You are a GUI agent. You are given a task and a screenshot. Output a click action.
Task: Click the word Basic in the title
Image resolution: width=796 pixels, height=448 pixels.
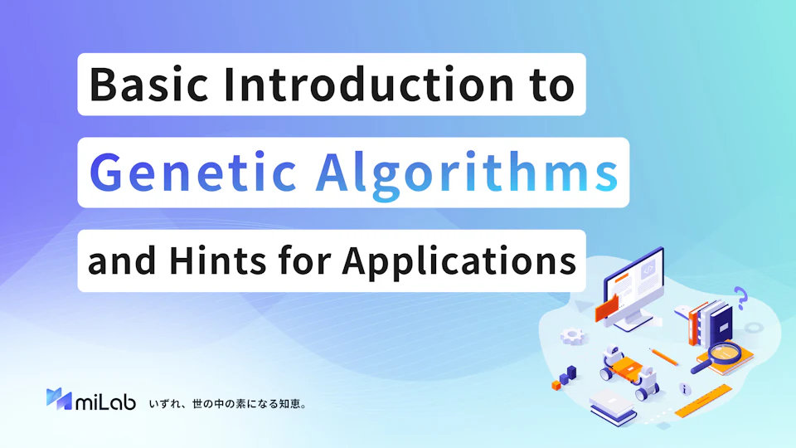tap(148, 85)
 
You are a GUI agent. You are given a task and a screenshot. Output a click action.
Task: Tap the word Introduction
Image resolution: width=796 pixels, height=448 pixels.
tap(369, 85)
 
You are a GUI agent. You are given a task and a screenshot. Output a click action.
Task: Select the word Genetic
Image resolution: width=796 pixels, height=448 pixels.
tap(193, 173)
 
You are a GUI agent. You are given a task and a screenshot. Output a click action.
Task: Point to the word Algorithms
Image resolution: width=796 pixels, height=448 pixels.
tap(467, 174)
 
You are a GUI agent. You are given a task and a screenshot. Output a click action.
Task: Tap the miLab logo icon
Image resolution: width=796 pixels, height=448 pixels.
tap(59, 399)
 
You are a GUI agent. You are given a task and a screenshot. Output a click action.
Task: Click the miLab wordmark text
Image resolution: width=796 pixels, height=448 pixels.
tap(105, 401)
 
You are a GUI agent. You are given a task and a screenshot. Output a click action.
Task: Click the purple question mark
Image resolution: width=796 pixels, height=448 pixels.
tap(741, 298)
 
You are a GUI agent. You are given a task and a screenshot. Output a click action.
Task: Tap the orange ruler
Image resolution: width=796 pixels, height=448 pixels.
tap(703, 402)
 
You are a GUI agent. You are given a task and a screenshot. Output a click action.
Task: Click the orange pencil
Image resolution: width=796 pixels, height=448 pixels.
tap(664, 357)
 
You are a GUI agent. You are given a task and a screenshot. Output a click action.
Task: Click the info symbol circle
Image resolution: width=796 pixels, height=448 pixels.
tap(685, 389)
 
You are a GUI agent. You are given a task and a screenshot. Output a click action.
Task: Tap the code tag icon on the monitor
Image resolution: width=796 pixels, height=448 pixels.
tap(648, 270)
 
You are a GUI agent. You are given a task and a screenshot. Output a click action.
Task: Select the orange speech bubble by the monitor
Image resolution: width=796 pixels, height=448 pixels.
tap(607, 307)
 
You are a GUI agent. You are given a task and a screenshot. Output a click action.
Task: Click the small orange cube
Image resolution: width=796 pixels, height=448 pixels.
tap(556, 386)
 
